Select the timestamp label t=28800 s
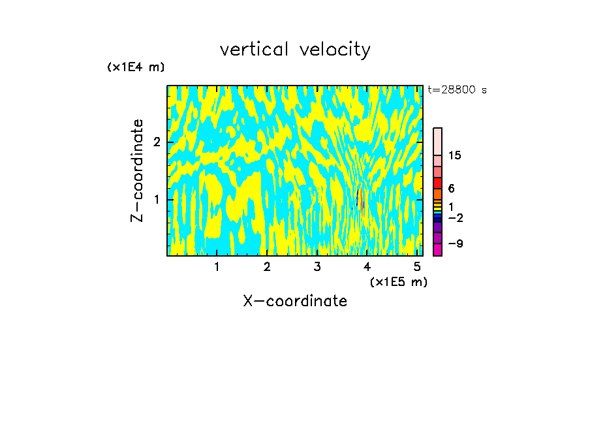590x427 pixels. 457,90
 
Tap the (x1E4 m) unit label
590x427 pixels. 136,67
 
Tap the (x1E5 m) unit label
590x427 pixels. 398,281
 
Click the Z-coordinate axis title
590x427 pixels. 137,170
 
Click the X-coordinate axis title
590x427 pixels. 295,301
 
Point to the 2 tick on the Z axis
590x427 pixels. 156,142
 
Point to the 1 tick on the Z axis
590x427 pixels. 156,199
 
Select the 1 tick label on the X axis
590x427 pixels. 217,267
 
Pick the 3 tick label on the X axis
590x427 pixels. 317,267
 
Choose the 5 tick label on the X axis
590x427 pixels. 417,267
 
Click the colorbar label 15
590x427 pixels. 455,155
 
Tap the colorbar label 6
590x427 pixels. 451,189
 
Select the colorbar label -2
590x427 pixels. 456,217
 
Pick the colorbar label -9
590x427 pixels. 456,244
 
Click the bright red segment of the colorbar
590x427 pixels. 437,183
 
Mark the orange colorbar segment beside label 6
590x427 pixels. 437,194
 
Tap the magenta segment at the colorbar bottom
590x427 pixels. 437,249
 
